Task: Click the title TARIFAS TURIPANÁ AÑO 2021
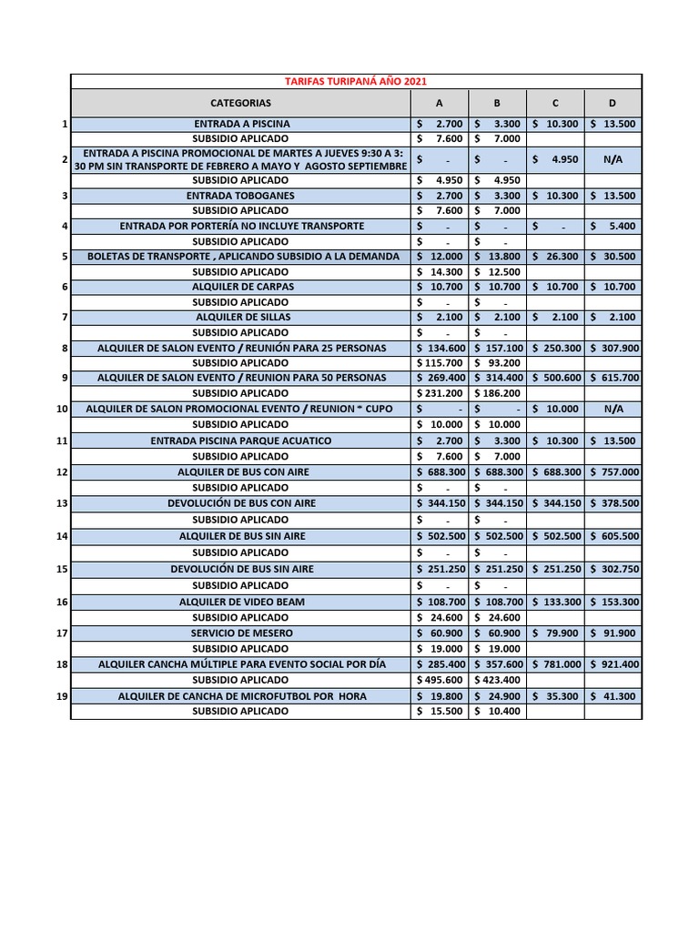tap(355, 82)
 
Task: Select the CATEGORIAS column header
tap(240, 103)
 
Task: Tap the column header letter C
tap(555, 103)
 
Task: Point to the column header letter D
tap(613, 103)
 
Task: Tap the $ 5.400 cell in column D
tap(613, 226)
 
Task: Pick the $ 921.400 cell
tap(613, 664)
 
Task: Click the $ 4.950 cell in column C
tap(555, 159)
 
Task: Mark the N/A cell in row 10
tap(613, 409)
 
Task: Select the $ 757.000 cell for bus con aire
tap(613, 472)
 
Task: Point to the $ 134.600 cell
tap(441, 348)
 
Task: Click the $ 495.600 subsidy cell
tap(441, 680)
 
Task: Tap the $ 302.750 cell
tap(613, 569)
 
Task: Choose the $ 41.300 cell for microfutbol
tap(613, 696)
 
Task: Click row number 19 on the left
tap(62, 696)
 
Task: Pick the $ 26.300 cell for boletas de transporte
tap(555, 257)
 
